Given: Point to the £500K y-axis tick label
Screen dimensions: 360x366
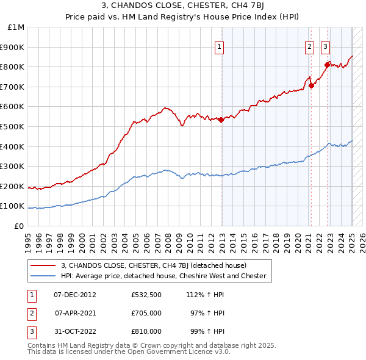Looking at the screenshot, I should (14, 126).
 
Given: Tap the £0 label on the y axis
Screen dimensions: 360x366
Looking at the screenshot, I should (20, 226).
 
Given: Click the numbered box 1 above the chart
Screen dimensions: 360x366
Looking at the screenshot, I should (219, 46).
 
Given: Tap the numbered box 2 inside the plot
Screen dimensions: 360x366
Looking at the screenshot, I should (309, 46).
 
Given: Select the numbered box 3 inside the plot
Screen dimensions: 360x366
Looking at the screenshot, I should (325, 46).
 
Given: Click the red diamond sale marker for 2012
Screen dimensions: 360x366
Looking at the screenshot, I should (221, 120).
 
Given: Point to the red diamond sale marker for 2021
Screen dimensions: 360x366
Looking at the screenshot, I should (311, 85).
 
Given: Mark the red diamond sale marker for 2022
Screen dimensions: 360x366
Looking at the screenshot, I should (328, 65).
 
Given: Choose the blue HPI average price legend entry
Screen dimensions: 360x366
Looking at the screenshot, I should (163, 276).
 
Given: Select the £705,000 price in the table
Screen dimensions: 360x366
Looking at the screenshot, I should (146, 313).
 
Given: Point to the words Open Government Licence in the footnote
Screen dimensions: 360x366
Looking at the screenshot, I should (176, 352).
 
